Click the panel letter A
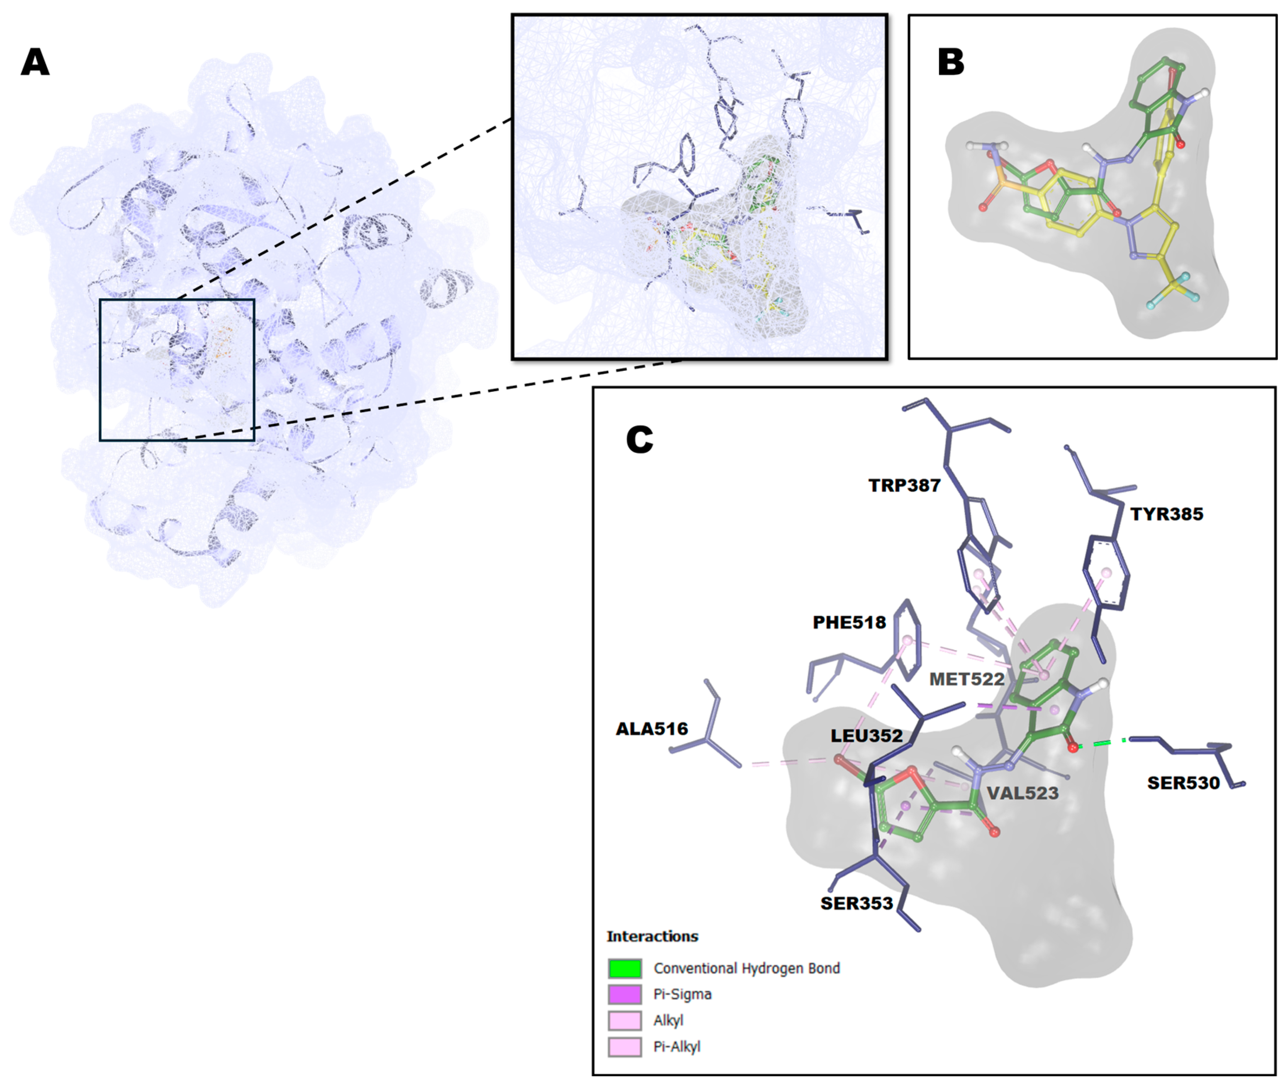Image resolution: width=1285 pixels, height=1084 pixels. tap(35, 62)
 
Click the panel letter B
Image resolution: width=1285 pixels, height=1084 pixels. tap(950, 62)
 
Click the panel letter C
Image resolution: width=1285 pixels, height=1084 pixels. tap(639, 440)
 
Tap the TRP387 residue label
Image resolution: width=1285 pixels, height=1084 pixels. tap(904, 486)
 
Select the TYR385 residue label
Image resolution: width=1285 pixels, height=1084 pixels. tap(1166, 514)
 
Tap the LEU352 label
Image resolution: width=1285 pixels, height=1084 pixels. tap(866, 736)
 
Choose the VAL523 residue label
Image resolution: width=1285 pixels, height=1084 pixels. tap(1022, 793)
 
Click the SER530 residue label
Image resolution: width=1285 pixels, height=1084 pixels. tap(1183, 783)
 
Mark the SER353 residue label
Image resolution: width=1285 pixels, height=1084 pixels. tap(856, 903)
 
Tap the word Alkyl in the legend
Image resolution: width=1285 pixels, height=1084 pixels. tap(668, 1021)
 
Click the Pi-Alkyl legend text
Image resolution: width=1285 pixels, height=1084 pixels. tap(677, 1047)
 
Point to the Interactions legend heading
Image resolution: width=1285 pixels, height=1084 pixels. tap(652, 936)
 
